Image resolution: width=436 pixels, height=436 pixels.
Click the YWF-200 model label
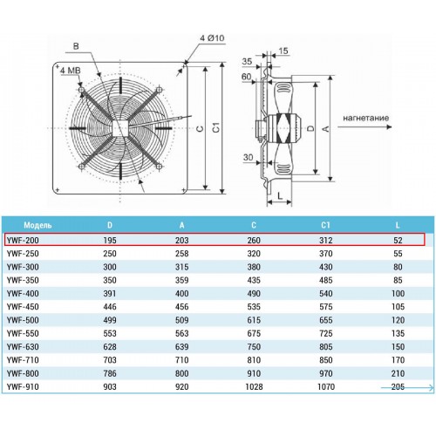23,241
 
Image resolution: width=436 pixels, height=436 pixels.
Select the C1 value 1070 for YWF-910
326,387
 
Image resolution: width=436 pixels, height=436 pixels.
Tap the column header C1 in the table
325,225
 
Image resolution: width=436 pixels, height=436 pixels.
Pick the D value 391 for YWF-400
110,294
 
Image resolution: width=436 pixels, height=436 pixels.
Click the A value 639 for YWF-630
181,347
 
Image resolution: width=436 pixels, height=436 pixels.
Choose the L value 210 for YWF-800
398,373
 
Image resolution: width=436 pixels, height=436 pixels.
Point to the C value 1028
254,387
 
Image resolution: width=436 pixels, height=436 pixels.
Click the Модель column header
37,225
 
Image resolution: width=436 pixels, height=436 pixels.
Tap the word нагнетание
365,118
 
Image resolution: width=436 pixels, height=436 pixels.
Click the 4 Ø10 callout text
212,38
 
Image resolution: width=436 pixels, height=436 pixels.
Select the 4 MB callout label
70,71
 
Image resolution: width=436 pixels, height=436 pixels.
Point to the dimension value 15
283,51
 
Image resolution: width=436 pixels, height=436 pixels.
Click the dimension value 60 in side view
246,77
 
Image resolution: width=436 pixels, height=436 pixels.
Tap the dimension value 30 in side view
248,157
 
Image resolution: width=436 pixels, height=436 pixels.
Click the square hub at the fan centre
120,128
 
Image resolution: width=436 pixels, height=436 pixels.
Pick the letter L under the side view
280,195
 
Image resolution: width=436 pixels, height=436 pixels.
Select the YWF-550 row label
23,333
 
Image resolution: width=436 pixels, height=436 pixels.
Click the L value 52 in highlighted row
398,241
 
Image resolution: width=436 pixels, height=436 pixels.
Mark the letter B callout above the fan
76,46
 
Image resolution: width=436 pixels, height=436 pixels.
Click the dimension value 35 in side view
247,61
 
